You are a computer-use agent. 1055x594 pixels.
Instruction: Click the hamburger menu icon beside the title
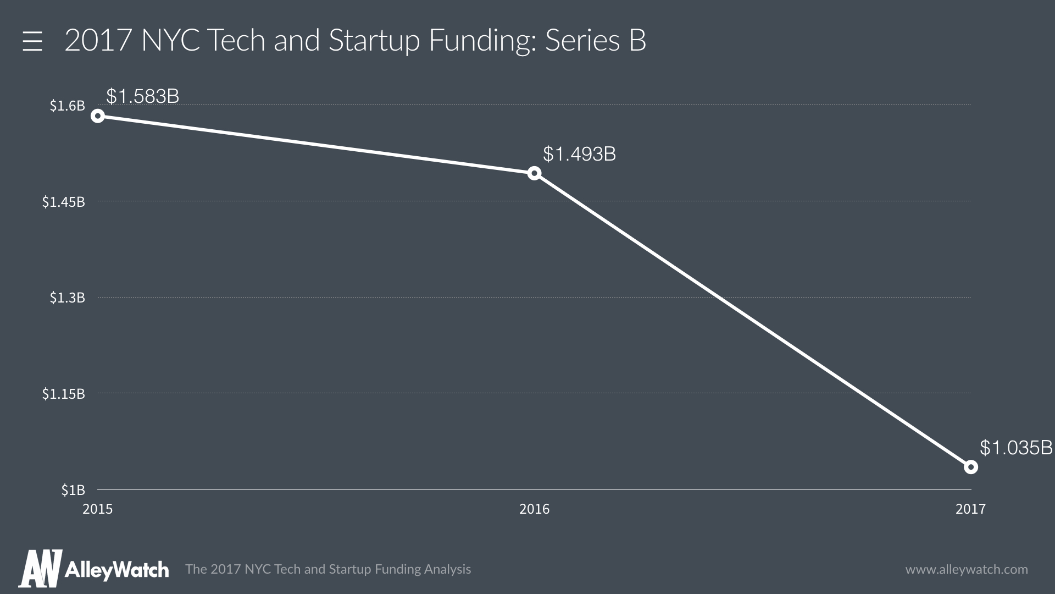coord(32,41)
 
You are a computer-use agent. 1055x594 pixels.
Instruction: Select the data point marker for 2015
coord(98,116)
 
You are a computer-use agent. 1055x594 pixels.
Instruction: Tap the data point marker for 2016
coord(534,173)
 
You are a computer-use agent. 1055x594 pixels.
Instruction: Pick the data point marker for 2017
coord(971,467)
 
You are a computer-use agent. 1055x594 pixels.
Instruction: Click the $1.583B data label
coord(142,96)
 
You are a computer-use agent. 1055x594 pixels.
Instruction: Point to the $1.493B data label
coord(579,154)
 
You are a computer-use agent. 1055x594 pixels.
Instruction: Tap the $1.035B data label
coord(1016,448)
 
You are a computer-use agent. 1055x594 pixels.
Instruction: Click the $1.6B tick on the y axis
coord(67,106)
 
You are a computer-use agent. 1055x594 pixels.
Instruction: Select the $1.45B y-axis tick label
coord(63,202)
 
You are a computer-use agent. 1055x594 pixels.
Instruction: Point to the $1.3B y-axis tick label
coord(67,298)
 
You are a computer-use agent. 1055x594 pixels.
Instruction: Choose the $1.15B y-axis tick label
coord(63,394)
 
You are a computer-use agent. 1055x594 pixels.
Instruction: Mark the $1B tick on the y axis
coord(73,490)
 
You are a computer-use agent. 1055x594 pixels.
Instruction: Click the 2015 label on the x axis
coord(97,509)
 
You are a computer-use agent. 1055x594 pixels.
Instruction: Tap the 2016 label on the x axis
coord(534,509)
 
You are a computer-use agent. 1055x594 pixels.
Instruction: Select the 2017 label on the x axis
coord(970,509)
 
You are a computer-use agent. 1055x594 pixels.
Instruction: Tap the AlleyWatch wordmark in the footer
coord(116,570)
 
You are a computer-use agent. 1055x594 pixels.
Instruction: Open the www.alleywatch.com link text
coord(966,569)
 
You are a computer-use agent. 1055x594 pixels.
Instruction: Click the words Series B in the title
coord(595,40)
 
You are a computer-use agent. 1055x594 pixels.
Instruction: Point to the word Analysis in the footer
coord(447,569)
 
